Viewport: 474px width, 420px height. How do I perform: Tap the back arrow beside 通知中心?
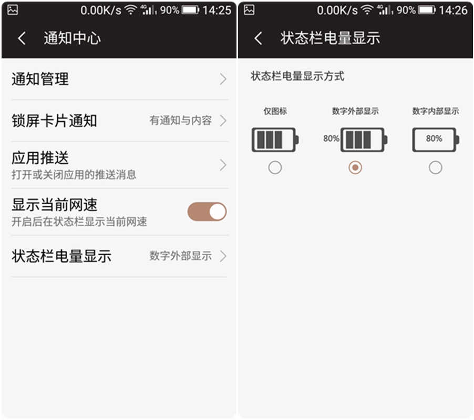[x=22, y=38]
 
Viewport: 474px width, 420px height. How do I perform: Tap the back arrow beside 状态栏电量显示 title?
[x=258, y=38]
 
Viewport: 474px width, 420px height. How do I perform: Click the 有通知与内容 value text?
[x=180, y=121]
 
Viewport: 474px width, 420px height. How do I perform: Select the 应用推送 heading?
[x=40, y=158]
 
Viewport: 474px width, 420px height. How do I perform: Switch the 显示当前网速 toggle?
[x=207, y=212]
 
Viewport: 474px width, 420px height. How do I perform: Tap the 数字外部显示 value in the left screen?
[x=180, y=256]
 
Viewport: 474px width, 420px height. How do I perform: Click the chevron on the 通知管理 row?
[x=223, y=79]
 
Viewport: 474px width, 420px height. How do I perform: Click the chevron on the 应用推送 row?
[x=223, y=165]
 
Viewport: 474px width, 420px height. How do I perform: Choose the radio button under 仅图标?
[x=275, y=167]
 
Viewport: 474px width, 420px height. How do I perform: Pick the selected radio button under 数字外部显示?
[x=355, y=167]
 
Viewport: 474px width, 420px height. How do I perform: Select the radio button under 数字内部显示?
[x=435, y=167]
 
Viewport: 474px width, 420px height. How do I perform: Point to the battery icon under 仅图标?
[x=275, y=140]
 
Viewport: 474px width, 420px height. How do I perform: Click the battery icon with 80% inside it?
[x=435, y=140]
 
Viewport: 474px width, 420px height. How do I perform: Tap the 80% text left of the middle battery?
[x=331, y=139]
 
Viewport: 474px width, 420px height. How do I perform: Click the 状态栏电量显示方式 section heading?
[x=297, y=76]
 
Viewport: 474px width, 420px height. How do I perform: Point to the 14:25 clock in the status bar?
[x=217, y=10]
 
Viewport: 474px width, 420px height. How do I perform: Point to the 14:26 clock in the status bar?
[x=453, y=10]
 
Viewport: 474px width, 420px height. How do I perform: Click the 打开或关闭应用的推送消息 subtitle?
[x=74, y=174]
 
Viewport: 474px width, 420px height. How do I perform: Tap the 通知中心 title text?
[x=72, y=38]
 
